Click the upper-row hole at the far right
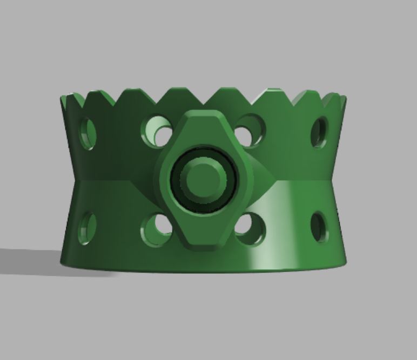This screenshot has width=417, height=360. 319,132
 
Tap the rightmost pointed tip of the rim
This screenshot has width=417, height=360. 344,97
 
